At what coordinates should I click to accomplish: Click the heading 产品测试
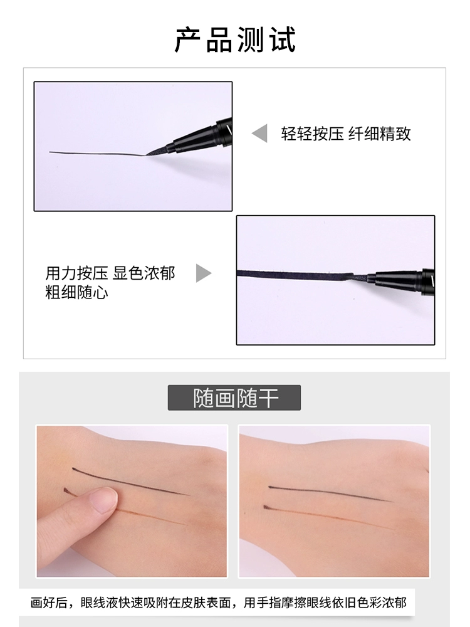point(235,40)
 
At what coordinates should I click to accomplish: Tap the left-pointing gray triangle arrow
point(260,133)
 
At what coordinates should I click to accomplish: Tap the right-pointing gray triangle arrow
point(204,273)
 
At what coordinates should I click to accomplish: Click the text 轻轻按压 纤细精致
point(346,134)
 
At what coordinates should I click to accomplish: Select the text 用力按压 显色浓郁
point(110,273)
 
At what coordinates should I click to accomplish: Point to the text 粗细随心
point(76,292)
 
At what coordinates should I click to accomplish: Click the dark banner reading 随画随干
point(234,398)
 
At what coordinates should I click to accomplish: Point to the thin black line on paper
point(97,154)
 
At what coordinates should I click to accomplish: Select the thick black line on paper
point(294,275)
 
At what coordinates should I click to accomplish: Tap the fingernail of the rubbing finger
point(103,500)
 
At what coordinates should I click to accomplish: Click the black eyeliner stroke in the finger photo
point(130,481)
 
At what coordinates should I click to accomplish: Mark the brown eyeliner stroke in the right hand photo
point(328,517)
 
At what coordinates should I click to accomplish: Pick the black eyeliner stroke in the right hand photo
point(330,493)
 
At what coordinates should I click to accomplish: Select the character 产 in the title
point(188,40)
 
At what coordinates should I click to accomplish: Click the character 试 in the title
point(283,40)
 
